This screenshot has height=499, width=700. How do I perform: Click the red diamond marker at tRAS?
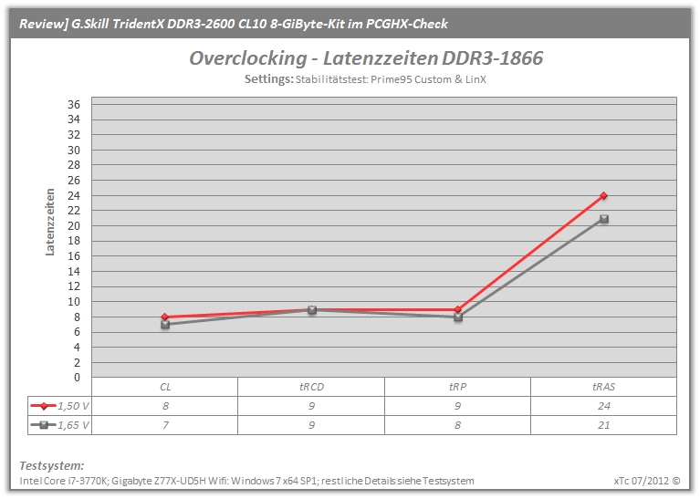pos(603,195)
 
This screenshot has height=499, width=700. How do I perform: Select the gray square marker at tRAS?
pos(604,219)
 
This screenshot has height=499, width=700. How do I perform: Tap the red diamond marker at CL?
pos(164,317)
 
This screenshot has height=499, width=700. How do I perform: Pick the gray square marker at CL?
pos(165,325)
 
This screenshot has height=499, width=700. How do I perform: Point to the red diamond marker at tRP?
pos(457,309)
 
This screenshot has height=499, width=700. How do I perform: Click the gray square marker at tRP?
pos(458,317)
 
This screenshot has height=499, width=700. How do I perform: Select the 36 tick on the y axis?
pos(74,104)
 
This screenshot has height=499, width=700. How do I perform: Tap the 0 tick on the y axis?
pos(78,378)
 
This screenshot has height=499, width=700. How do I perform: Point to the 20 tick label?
pos(74,226)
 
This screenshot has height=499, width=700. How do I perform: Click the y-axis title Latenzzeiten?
pos(49,222)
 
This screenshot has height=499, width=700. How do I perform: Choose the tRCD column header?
pos(311,387)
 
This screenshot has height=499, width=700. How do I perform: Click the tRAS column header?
pos(603,387)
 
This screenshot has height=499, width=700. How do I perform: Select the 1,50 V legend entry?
pos(60,406)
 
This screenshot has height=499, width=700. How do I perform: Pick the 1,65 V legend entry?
pos(60,425)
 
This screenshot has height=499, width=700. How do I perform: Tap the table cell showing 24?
pos(603,406)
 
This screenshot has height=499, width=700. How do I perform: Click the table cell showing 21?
pos(603,425)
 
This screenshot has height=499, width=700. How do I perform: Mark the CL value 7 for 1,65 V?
pos(165,425)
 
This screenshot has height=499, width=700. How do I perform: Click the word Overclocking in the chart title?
pos(248,58)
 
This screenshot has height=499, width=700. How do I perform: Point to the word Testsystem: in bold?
pos(52,465)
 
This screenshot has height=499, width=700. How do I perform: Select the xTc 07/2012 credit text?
pos(647,481)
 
